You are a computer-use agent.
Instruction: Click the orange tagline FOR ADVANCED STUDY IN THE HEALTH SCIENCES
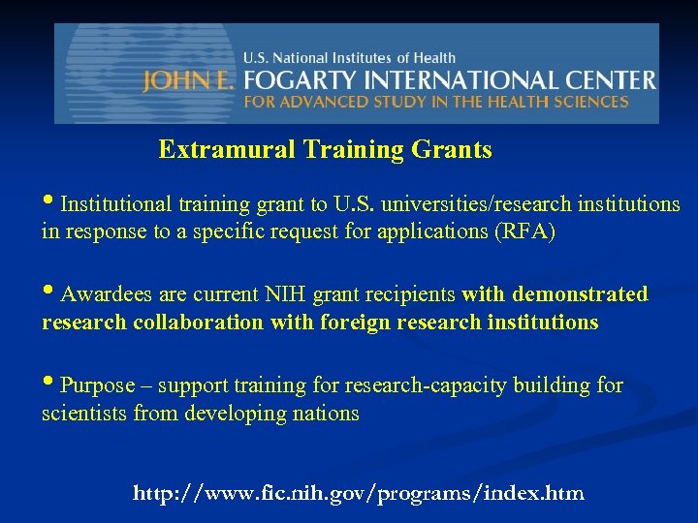(x=435, y=102)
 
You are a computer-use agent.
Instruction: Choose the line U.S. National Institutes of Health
(x=349, y=58)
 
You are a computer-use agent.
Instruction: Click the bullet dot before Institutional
(x=48, y=203)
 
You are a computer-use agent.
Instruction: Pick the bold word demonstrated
(x=580, y=294)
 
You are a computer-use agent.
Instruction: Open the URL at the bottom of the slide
(x=358, y=494)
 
